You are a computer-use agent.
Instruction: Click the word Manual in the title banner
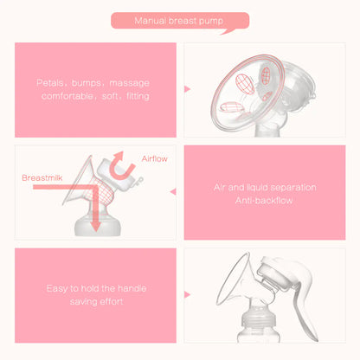tap(149, 19)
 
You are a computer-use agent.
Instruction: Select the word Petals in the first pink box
tap(49, 84)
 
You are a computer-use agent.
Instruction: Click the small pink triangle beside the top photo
tap(188, 88)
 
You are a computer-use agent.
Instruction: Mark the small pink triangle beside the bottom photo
tap(188, 294)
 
